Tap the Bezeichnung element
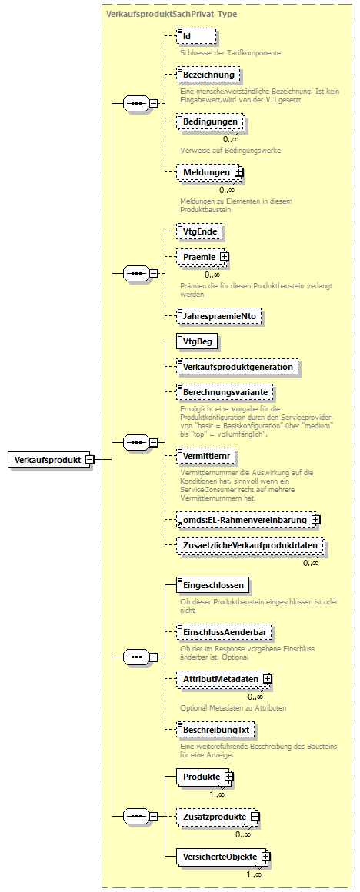[x=207, y=75]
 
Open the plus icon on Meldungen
[x=238, y=172]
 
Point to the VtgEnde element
[x=199, y=231]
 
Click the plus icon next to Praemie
[x=224, y=257]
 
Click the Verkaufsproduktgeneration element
[x=238, y=367]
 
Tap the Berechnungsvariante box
[x=225, y=392]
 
